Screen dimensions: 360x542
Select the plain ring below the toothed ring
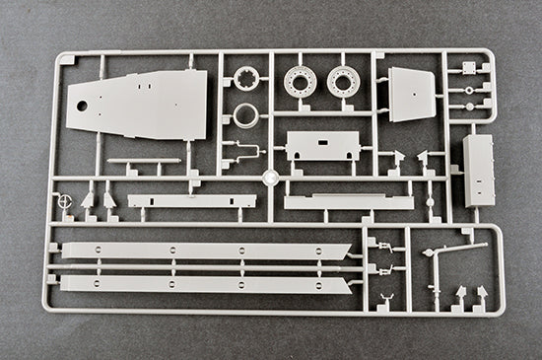(x=245, y=116)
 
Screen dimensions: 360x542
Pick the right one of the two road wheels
(x=342, y=82)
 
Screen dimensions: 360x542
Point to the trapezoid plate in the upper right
(x=412, y=94)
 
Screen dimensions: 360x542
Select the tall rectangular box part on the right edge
(x=480, y=170)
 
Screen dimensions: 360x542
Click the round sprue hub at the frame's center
(x=269, y=179)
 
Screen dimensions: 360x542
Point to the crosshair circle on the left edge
(x=66, y=200)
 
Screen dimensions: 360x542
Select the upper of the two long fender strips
(x=202, y=252)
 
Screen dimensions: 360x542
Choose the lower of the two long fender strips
(x=202, y=284)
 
